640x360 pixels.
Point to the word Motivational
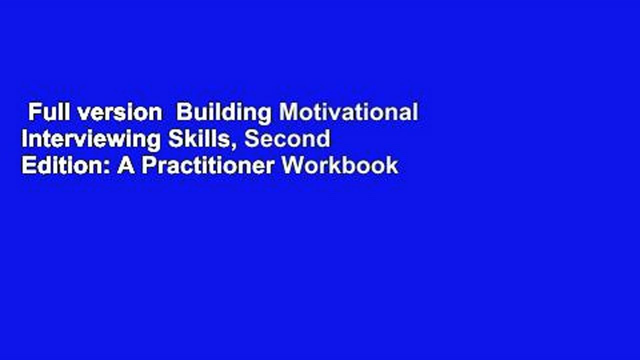pyautogui.click(x=348, y=112)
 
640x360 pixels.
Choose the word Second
pyautogui.click(x=287, y=138)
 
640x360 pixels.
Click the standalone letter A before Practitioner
pyautogui.click(x=125, y=165)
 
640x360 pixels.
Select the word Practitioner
pyautogui.click(x=207, y=165)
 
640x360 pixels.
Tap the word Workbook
pyautogui.click(x=339, y=165)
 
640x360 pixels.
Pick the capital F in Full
pyautogui.click(x=34, y=112)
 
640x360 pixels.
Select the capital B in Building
pyautogui.click(x=183, y=112)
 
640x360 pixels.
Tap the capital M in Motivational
pyautogui.click(x=288, y=112)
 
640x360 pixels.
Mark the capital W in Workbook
pyautogui.click(x=293, y=165)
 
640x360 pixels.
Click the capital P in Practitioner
pyautogui.click(x=149, y=165)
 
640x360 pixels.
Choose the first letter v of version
pyautogui.click(x=84, y=115)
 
